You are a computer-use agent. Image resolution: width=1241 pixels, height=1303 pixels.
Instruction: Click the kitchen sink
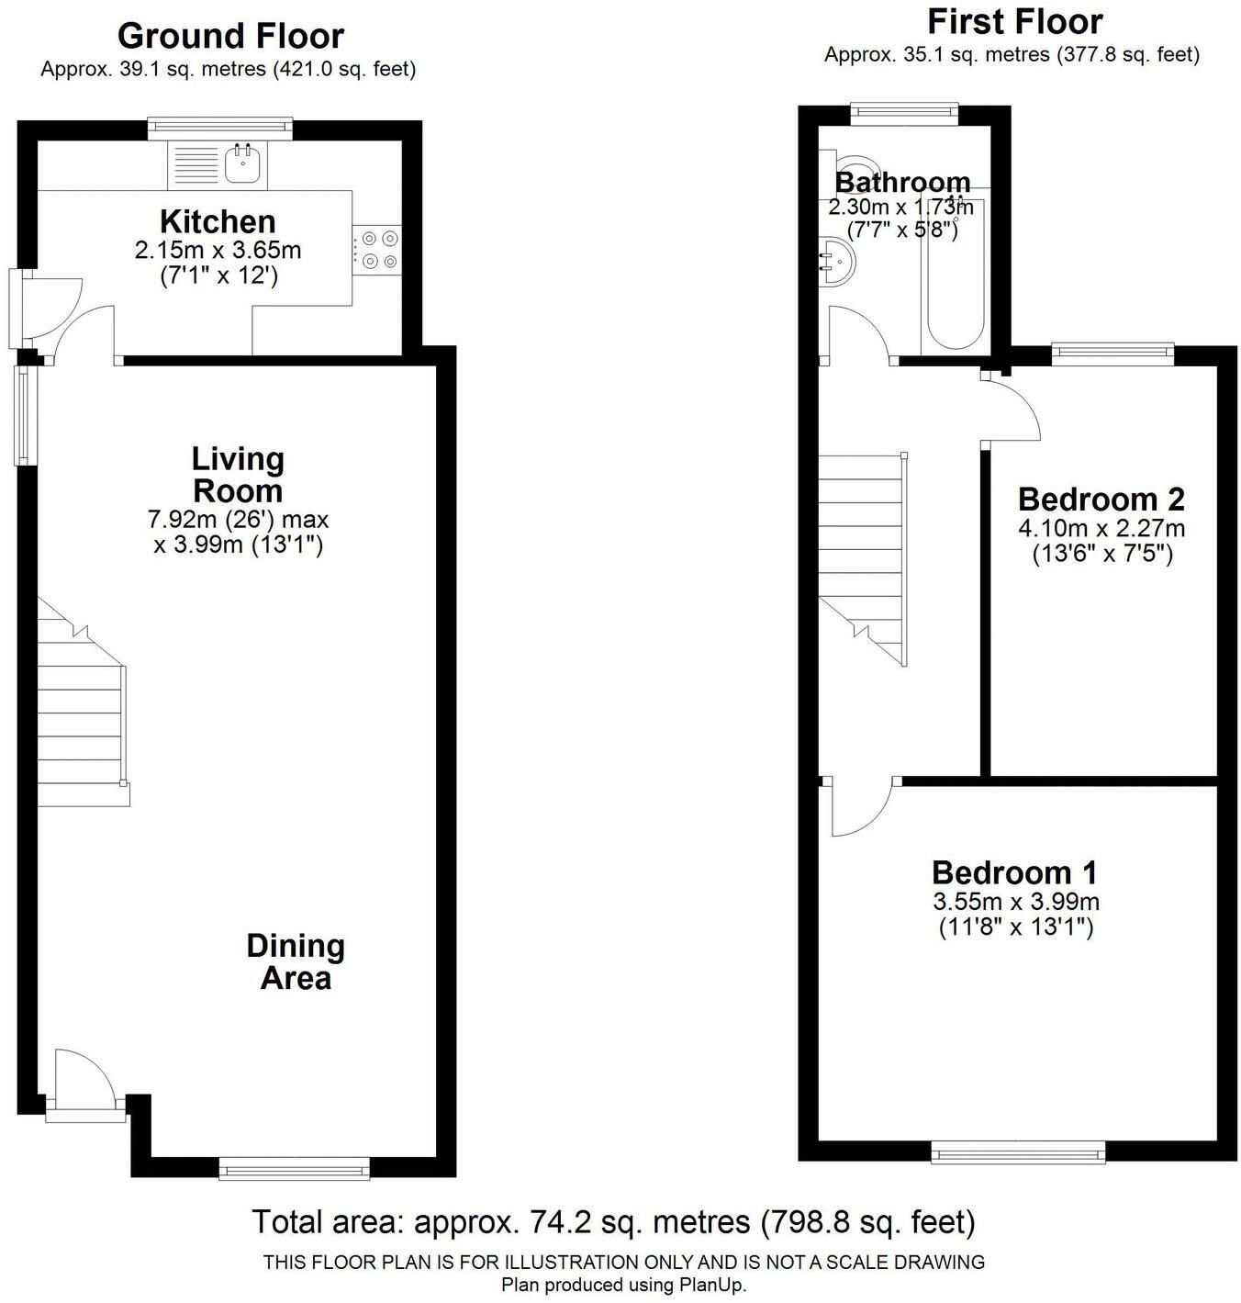pyautogui.click(x=243, y=164)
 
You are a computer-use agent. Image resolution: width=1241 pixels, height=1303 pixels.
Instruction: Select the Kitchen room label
pyautogui.click(x=218, y=221)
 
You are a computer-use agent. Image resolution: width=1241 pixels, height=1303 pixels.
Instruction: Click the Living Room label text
pyautogui.click(x=238, y=474)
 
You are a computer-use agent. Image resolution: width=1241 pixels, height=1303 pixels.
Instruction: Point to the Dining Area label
pyautogui.click(x=295, y=961)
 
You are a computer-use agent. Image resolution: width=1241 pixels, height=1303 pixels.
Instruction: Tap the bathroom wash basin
pyautogui.click(x=838, y=259)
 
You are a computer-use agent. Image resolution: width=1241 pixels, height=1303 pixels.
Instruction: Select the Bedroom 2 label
pyautogui.click(x=1101, y=500)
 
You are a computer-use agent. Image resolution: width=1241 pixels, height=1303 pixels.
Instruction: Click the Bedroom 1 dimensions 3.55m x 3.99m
pyautogui.click(x=1015, y=902)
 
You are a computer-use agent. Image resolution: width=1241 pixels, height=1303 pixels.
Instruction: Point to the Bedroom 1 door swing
pyautogui.click(x=859, y=808)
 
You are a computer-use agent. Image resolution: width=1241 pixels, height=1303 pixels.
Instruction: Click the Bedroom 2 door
pyautogui.click(x=1012, y=409)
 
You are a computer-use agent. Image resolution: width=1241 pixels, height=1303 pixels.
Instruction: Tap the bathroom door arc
pyautogui.click(x=857, y=333)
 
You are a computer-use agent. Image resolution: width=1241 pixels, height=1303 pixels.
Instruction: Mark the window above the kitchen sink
pyautogui.click(x=220, y=129)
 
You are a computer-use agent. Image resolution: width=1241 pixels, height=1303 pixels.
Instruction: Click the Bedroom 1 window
pyautogui.click(x=1018, y=1151)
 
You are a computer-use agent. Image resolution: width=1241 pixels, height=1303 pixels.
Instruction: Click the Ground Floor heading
pyautogui.click(x=230, y=36)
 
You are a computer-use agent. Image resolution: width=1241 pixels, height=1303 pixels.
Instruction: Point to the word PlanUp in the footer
pyautogui.click(x=712, y=1285)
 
